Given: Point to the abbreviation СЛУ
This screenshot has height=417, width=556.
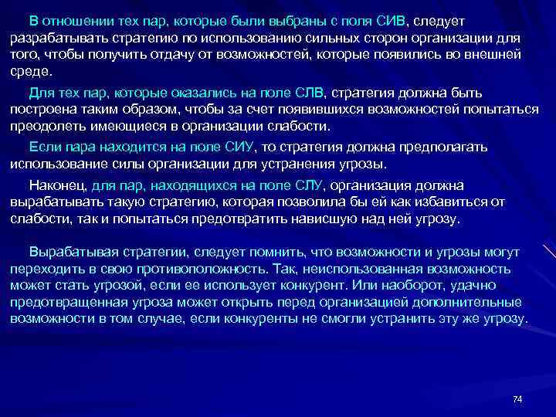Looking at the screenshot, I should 310,185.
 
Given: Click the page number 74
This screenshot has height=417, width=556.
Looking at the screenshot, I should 517,398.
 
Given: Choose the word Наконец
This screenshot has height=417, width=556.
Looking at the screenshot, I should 57,185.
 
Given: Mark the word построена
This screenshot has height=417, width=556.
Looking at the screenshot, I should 44,110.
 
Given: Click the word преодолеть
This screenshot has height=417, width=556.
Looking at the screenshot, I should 46,127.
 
